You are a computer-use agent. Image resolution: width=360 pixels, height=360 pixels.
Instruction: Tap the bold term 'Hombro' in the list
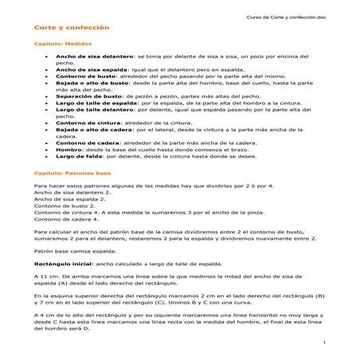(70, 150)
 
